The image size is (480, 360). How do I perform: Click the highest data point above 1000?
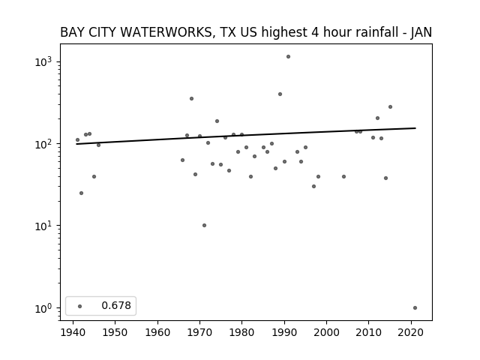point(288,57)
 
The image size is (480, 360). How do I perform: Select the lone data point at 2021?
point(415,308)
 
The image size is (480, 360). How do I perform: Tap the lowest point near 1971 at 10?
point(204,225)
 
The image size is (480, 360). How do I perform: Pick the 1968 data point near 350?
point(192,98)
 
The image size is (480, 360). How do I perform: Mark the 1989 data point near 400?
point(280,94)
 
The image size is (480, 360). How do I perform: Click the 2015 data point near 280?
point(390,106)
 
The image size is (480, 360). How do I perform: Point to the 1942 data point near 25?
point(82,193)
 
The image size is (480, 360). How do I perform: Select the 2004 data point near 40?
point(343,177)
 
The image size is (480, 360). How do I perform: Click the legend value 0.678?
point(116,305)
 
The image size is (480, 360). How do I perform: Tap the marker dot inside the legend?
point(80,306)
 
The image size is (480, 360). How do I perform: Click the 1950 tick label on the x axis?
point(115,332)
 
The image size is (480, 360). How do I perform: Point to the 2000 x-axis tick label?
point(327,332)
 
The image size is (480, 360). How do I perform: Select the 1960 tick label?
point(157,332)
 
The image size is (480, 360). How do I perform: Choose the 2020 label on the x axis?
point(411,332)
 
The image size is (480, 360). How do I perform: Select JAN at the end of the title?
point(421,32)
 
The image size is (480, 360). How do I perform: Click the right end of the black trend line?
point(415,128)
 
